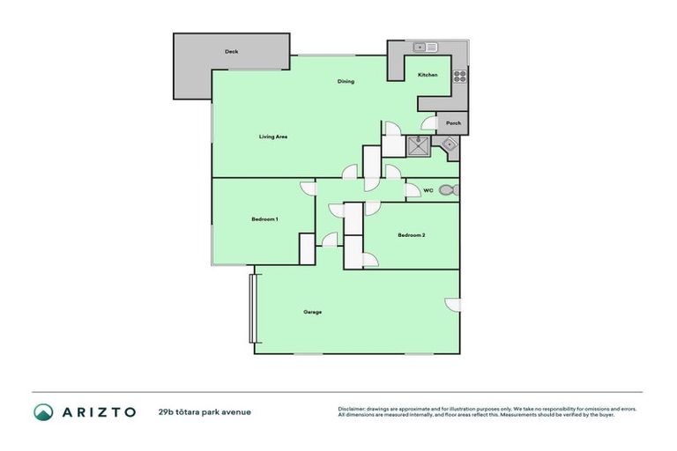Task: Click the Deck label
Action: (231, 52)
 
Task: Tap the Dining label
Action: (346, 82)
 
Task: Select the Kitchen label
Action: (428, 75)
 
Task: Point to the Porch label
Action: (453, 123)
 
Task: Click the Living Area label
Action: (273, 137)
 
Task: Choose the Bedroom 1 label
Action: (265, 218)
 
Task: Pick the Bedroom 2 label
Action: (412, 235)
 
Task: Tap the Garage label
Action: (312, 312)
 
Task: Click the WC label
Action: (428, 189)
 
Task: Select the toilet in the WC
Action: (447, 189)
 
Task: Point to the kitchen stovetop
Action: (459, 76)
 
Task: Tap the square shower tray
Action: (417, 145)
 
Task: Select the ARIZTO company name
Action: (98, 411)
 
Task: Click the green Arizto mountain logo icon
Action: (44, 411)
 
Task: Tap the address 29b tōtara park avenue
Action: (205, 411)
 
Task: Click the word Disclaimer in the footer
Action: (353, 409)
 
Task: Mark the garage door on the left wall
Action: (252, 308)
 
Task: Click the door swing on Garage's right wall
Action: (453, 305)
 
